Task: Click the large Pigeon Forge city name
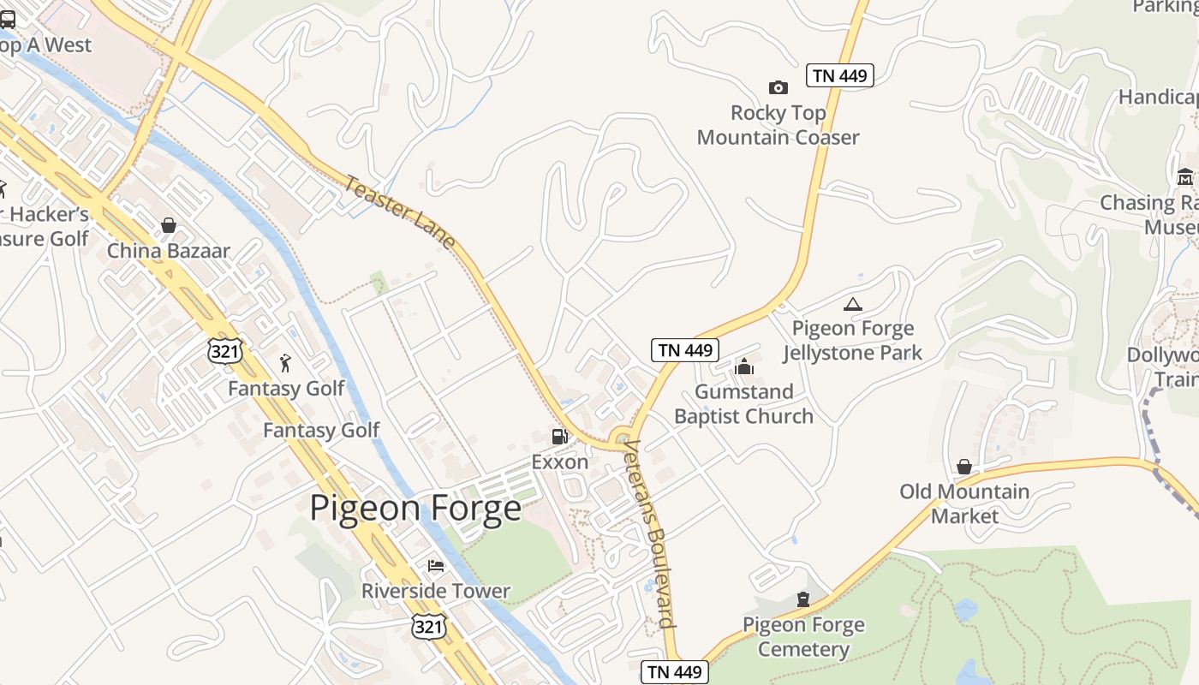(415, 508)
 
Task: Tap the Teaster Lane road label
(400, 212)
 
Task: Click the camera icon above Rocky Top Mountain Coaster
(778, 87)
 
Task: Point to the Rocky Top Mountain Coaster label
(778, 125)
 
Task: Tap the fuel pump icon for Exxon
(559, 437)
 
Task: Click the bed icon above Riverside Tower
(436, 566)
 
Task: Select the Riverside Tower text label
(435, 591)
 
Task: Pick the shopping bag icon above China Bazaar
(169, 225)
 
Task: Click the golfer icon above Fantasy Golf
(285, 363)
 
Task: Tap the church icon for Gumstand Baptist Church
(744, 366)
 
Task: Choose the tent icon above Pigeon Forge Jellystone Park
(852, 304)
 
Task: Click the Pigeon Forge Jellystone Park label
(852, 341)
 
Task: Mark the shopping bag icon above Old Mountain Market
(963, 467)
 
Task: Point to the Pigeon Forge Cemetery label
(803, 637)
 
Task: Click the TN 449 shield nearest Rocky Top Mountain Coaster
(840, 75)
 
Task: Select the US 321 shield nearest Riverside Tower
(428, 626)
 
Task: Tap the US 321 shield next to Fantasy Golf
(224, 349)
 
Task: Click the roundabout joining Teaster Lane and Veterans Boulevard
(622, 438)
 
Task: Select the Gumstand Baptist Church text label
(743, 404)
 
